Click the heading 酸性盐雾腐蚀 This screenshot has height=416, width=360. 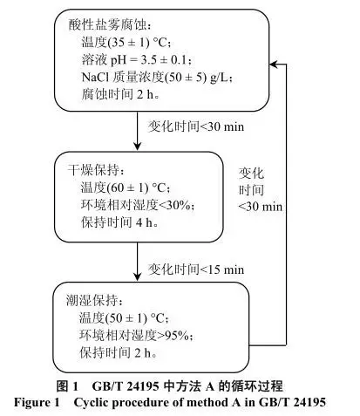(x=110, y=25)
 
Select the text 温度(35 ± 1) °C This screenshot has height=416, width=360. (x=126, y=43)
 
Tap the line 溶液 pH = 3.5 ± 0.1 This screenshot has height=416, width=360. (x=136, y=60)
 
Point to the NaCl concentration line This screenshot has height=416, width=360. (x=157, y=77)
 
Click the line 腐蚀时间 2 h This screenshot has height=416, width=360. (x=120, y=94)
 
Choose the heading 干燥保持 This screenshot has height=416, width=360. (x=96, y=170)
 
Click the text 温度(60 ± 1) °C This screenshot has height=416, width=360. (x=126, y=188)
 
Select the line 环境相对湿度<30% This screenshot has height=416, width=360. (x=138, y=205)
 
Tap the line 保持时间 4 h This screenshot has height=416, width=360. (x=119, y=222)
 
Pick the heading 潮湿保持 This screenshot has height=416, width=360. (x=95, y=300)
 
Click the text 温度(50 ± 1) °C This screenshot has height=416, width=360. (x=124, y=317)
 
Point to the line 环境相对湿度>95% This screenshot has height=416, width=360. (x=136, y=336)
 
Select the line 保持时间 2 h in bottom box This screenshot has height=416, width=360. (x=119, y=352)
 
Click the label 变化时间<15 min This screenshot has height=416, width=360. (x=196, y=269)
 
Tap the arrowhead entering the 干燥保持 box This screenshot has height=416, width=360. (x=137, y=147)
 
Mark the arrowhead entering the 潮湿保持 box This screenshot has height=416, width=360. (x=137, y=277)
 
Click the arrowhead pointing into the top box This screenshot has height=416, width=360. (x=275, y=65)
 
